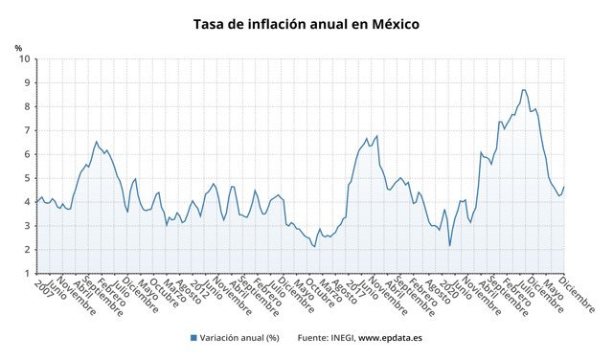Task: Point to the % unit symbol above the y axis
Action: pos(18,48)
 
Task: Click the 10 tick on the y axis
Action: pos(23,59)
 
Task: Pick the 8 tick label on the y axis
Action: pos(26,106)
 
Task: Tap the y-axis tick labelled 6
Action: pos(26,154)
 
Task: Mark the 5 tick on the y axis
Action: pos(26,178)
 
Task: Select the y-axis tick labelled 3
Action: pos(26,226)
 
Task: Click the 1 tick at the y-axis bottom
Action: pos(26,274)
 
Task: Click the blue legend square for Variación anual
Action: pos(193,338)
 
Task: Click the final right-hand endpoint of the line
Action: pos(564,187)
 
